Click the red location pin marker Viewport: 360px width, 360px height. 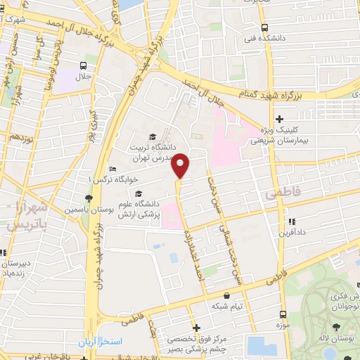(181, 165)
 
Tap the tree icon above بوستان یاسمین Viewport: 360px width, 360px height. (89, 198)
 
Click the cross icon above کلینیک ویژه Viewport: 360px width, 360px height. (280, 119)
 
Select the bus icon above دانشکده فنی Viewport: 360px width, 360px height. (264, 28)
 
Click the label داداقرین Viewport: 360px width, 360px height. (291, 232)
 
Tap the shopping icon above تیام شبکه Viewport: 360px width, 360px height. (226, 296)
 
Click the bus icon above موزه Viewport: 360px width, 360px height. (283, 315)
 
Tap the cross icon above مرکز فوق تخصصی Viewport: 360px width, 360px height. (196, 328)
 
